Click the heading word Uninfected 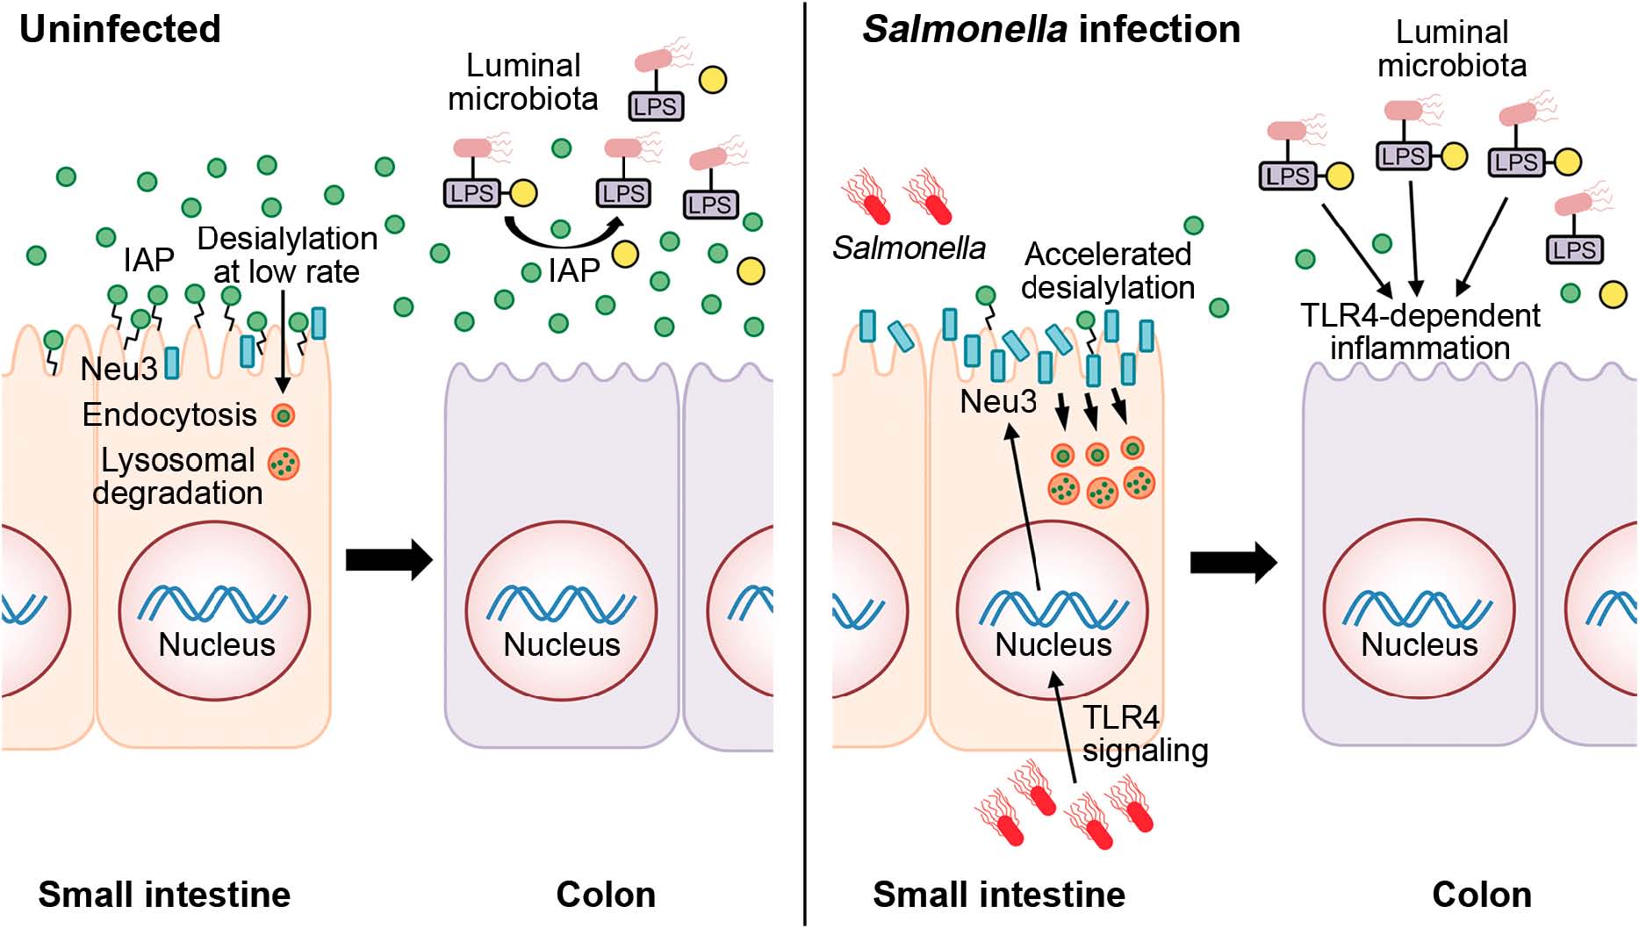(119, 29)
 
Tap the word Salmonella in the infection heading (964, 29)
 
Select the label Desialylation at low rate (286, 255)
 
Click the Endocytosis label (169, 414)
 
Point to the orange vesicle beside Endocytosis (283, 414)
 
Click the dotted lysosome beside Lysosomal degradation (284, 464)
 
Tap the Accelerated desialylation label (1107, 270)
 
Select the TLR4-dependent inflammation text (1420, 331)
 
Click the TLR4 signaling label (1144, 733)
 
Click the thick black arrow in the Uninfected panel (389, 559)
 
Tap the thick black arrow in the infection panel (1233, 562)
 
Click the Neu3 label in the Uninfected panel (119, 369)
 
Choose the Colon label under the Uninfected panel (606, 895)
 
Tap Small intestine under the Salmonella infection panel (999, 895)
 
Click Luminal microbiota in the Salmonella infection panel (1451, 48)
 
